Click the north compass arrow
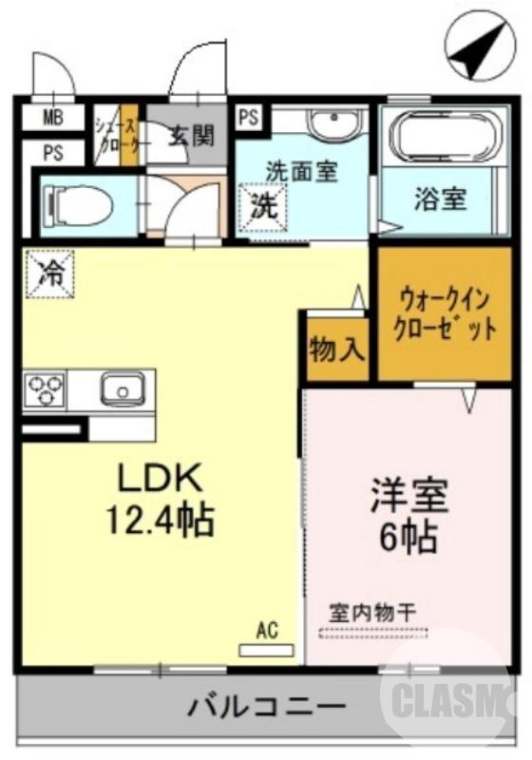point(480,52)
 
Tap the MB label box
point(52,119)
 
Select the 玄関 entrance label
point(192,136)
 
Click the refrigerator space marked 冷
point(47,274)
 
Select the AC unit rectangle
point(265,651)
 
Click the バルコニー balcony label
point(265,708)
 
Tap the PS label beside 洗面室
point(249,119)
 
